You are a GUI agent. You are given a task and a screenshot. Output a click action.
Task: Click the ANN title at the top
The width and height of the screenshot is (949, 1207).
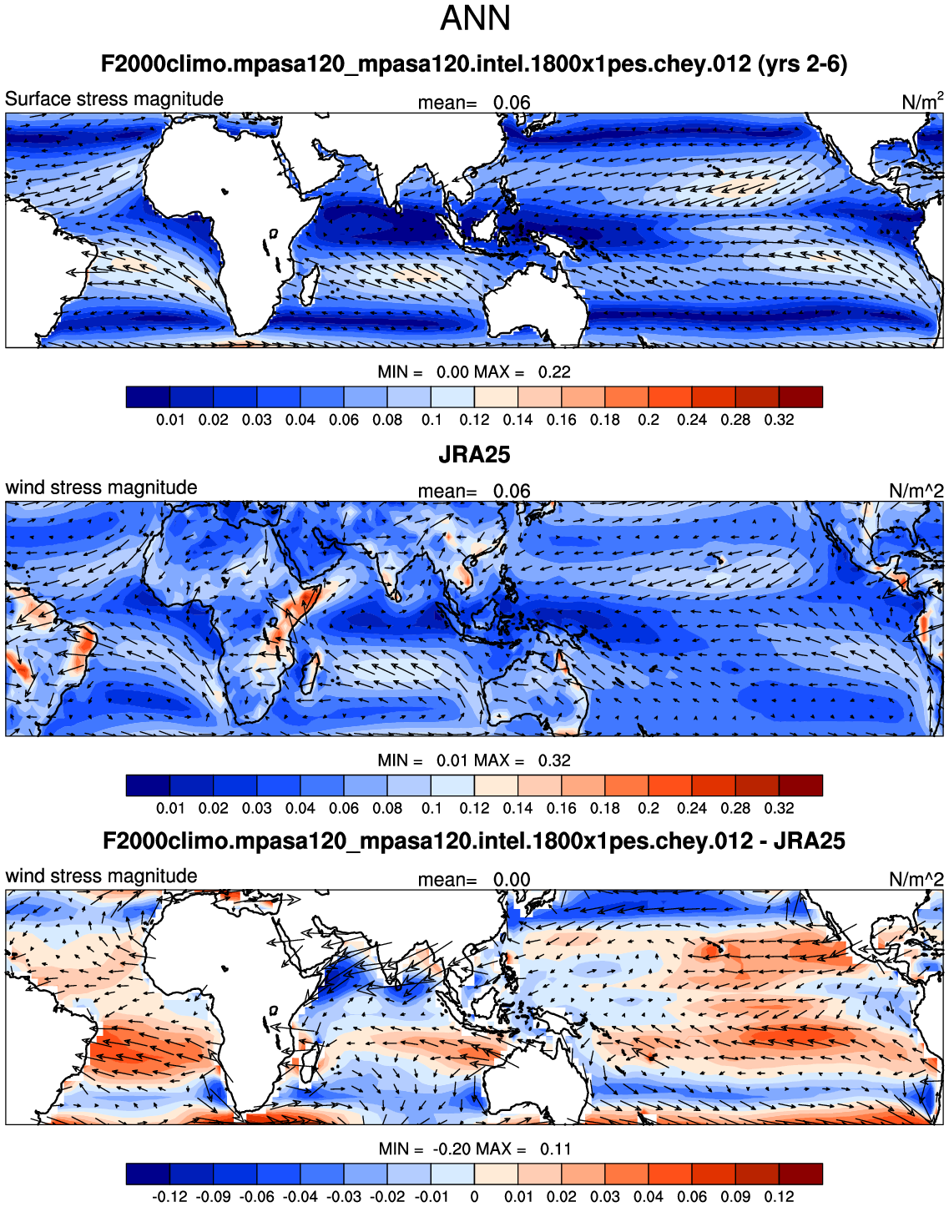click(475, 18)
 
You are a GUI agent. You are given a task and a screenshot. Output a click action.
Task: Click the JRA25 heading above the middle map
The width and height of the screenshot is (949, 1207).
click(474, 455)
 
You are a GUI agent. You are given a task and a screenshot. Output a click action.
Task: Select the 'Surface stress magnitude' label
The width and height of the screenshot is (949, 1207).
click(114, 99)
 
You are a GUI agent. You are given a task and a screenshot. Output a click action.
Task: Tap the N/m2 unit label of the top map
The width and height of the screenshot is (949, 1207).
click(921, 102)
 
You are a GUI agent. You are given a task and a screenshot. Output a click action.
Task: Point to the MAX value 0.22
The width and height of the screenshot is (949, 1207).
click(554, 372)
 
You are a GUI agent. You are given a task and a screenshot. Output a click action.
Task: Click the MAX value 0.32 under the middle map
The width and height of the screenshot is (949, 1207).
click(554, 760)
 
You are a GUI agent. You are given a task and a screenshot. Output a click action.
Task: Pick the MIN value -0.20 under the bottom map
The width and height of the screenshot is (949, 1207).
click(452, 1149)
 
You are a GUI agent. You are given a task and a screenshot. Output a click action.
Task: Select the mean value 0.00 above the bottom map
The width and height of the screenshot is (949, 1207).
click(512, 880)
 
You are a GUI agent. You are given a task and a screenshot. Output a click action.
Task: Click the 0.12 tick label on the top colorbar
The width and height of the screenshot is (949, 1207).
click(474, 420)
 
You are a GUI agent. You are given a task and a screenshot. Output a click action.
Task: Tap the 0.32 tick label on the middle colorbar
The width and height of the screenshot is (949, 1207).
click(779, 808)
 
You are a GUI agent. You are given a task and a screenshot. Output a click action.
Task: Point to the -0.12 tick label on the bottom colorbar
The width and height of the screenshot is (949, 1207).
click(170, 1197)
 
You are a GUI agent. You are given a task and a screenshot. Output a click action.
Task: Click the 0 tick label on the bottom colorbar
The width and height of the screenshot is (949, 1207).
click(474, 1197)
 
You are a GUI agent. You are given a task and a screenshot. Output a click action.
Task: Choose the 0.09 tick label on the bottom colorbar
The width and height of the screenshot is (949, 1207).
click(735, 1197)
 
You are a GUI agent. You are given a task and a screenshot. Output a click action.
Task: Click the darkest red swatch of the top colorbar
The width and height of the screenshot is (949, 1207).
click(800, 396)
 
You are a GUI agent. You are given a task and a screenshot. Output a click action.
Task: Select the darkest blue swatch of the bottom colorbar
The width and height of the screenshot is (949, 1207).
click(148, 1174)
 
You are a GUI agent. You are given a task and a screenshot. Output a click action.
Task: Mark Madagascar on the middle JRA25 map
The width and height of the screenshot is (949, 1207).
click(310, 673)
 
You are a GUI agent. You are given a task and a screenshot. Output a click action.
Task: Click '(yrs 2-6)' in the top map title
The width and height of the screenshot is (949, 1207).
click(802, 64)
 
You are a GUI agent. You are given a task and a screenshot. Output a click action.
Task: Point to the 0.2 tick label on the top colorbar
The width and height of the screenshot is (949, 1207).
click(649, 420)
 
